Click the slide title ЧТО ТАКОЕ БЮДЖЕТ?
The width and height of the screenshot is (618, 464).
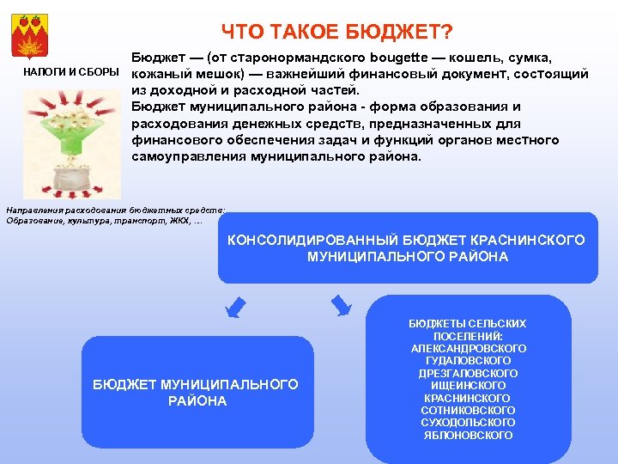click(336, 32)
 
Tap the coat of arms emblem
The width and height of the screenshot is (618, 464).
click(33, 32)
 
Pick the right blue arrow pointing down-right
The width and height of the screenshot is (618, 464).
click(341, 304)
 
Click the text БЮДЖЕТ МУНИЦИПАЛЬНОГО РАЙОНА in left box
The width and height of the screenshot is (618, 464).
click(196, 393)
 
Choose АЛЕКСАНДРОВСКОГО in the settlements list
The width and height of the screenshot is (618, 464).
click(469, 349)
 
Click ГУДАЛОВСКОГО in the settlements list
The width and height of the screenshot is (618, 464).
click(469, 361)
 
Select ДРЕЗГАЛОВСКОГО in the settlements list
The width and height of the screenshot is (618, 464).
click(469, 374)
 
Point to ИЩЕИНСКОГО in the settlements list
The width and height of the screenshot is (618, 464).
click(469, 386)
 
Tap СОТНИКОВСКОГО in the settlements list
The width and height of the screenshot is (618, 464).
click(469, 411)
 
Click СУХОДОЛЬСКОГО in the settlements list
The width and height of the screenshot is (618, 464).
click(469, 423)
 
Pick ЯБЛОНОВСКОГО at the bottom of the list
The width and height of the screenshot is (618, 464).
click(469, 436)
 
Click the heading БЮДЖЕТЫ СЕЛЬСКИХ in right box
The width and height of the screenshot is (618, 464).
click(469, 324)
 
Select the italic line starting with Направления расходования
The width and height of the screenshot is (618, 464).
click(115, 210)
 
